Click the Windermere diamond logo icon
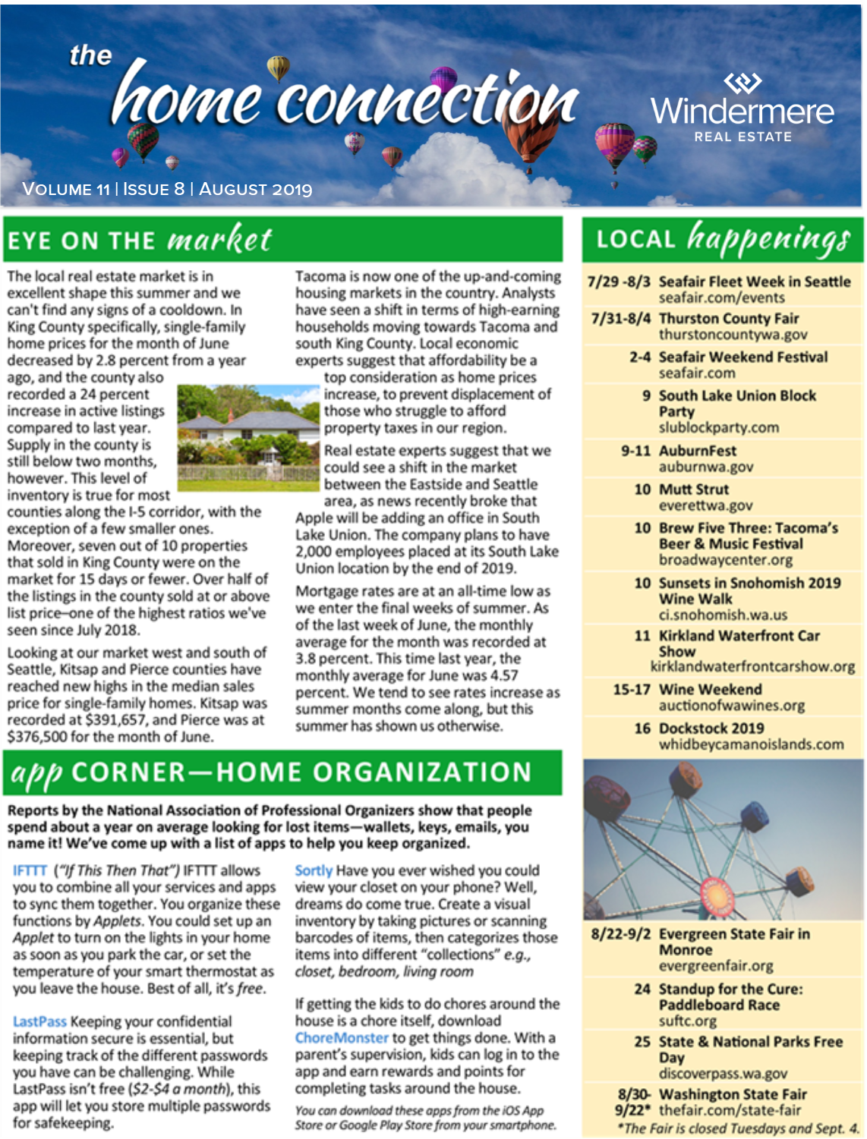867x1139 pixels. [x=742, y=82]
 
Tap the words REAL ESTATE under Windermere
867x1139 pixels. [x=742, y=137]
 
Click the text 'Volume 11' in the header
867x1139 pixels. [x=66, y=190]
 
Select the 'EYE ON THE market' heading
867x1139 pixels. [x=140, y=240]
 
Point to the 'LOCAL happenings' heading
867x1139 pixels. [x=723, y=239]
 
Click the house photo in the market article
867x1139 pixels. [x=248, y=436]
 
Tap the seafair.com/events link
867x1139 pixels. [x=721, y=297]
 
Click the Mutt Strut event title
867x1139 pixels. [x=693, y=489]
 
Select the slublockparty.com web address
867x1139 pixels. [x=718, y=427]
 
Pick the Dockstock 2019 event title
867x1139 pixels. [x=711, y=728]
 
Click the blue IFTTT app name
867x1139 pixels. [x=30, y=870]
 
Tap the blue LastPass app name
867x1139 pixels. [x=39, y=1021]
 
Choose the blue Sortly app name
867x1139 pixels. [x=314, y=870]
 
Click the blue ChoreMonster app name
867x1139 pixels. [x=342, y=1038]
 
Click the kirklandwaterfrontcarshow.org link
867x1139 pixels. [x=752, y=667]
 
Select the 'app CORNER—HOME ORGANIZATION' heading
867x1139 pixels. [x=271, y=772]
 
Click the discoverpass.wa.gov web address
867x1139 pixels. [x=723, y=1074]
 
